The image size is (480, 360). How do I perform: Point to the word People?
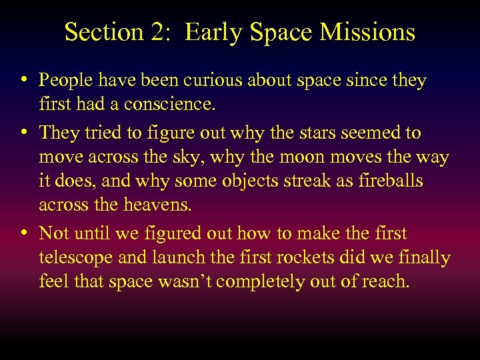pyautogui.click(x=67, y=81)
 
